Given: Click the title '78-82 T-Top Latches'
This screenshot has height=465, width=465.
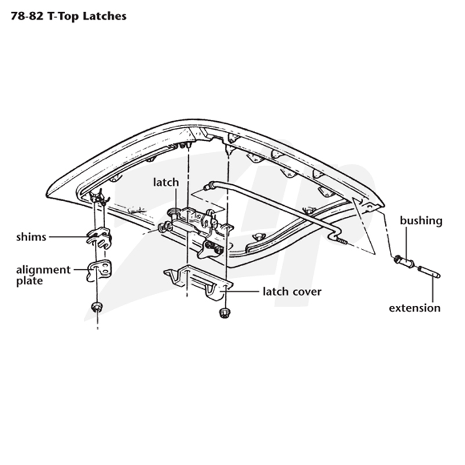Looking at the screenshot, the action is pyautogui.click(x=69, y=16).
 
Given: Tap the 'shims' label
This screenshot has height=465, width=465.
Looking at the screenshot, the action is pyautogui.click(x=31, y=237).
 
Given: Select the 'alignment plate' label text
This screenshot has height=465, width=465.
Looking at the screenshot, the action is pyautogui.click(x=43, y=275).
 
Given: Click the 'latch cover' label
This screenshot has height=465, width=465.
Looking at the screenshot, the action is pyautogui.click(x=292, y=292).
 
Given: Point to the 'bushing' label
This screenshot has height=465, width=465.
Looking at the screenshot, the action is pyautogui.click(x=421, y=221).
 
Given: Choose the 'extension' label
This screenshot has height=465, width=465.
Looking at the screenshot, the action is pyautogui.click(x=414, y=308).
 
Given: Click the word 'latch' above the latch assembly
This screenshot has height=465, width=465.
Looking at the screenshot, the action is pyautogui.click(x=166, y=182).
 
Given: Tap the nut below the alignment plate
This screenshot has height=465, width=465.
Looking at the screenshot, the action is pyautogui.click(x=96, y=307).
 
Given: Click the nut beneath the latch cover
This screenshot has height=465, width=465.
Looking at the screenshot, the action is pyautogui.click(x=224, y=313).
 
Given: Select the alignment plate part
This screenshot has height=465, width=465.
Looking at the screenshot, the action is pyautogui.click(x=99, y=270).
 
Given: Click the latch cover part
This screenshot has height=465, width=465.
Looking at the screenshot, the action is pyautogui.click(x=198, y=282).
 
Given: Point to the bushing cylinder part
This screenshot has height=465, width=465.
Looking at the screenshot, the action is pyautogui.click(x=405, y=262).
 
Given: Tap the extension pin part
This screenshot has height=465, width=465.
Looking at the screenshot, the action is pyautogui.click(x=429, y=272).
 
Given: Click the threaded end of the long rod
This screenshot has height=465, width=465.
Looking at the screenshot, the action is pyautogui.click(x=342, y=241).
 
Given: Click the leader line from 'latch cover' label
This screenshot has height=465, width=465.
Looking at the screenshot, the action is pyautogui.click(x=239, y=292).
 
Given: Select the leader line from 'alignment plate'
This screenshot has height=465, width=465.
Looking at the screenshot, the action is pyautogui.click(x=81, y=270).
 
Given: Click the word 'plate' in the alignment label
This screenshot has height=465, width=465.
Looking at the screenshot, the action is pyautogui.click(x=30, y=281).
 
